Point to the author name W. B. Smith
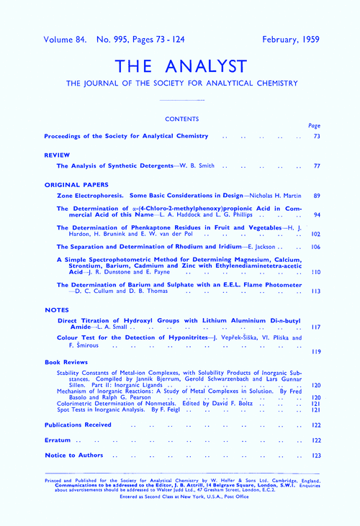coord(194,165)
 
